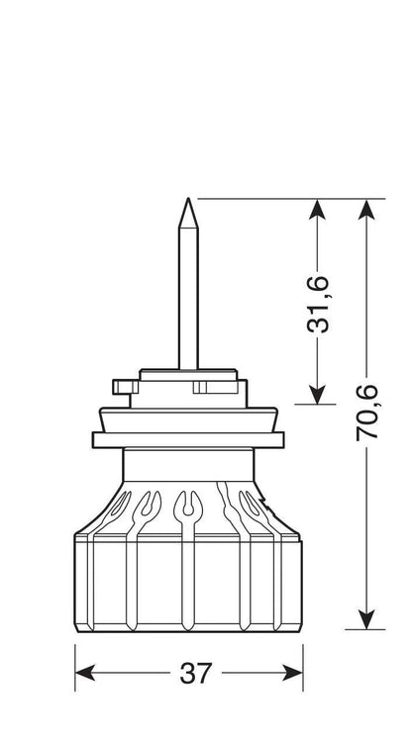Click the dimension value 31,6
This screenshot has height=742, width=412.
pos(318,304)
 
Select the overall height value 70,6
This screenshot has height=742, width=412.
pos(367,413)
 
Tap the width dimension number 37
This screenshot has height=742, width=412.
pos(195,673)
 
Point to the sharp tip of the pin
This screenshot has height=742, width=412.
pos(188,199)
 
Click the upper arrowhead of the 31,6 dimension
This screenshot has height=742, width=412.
pos(317,209)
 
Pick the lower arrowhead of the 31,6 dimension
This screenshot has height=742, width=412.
pos(317,394)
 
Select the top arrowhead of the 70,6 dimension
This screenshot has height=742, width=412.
pos(366,209)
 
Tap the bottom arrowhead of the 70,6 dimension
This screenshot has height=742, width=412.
pos(366,619)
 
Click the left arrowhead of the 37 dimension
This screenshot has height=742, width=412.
pos(85,673)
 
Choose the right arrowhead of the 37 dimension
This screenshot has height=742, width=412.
pos(292,673)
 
